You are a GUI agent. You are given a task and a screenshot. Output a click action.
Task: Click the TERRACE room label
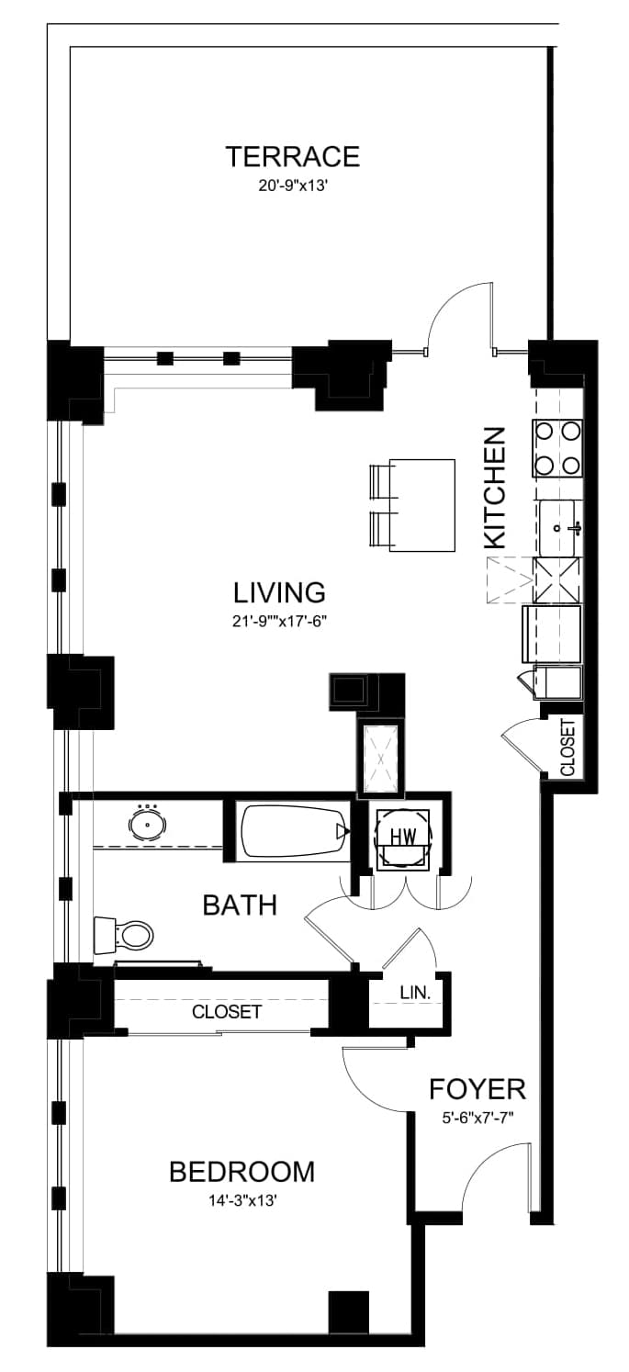pyautogui.click(x=293, y=157)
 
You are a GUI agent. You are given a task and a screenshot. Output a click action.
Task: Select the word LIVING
pyautogui.click(x=279, y=592)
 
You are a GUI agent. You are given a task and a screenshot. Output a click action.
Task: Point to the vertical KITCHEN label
pyautogui.click(x=495, y=488)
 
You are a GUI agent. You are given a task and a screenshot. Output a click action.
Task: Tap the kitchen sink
pyautogui.click(x=558, y=527)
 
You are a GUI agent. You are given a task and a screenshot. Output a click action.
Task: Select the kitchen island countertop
pyautogui.click(x=422, y=505)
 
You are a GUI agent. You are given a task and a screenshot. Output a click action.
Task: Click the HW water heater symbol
pyautogui.click(x=403, y=836)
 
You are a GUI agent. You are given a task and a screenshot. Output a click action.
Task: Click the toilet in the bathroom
pyautogui.click(x=123, y=935)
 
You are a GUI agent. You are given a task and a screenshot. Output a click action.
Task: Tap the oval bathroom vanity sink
pyautogui.click(x=147, y=825)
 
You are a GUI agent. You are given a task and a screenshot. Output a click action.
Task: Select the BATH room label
pyautogui.click(x=240, y=905)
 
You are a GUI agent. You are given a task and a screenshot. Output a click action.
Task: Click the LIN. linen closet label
pyautogui.click(x=415, y=993)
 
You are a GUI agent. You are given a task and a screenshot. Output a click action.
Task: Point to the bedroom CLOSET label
pyautogui.click(x=227, y=1011)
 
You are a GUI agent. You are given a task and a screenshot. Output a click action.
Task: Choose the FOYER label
pyautogui.click(x=477, y=1089)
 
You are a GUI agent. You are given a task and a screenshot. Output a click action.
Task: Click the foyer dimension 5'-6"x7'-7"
pyautogui.click(x=477, y=1118)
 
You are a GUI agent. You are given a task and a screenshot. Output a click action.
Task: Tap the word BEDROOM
pyautogui.click(x=241, y=1171)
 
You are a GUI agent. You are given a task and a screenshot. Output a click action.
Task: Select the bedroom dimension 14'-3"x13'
pyautogui.click(x=243, y=1200)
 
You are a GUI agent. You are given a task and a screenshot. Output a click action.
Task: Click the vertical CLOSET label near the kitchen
pyautogui.click(x=567, y=748)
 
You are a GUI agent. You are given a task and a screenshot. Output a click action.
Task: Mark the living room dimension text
pyautogui.click(x=280, y=621)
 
